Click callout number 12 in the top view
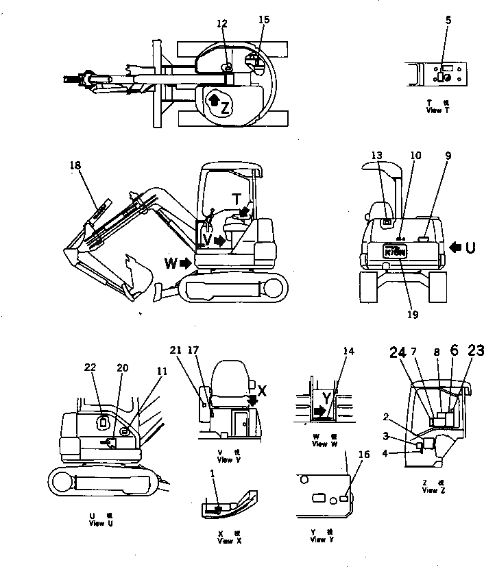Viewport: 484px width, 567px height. coord(221,23)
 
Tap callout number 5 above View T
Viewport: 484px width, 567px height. coord(448,21)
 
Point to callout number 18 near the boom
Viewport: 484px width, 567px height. coord(75,165)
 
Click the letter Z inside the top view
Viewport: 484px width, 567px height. coord(226,106)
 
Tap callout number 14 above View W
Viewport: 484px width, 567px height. coord(350,351)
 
